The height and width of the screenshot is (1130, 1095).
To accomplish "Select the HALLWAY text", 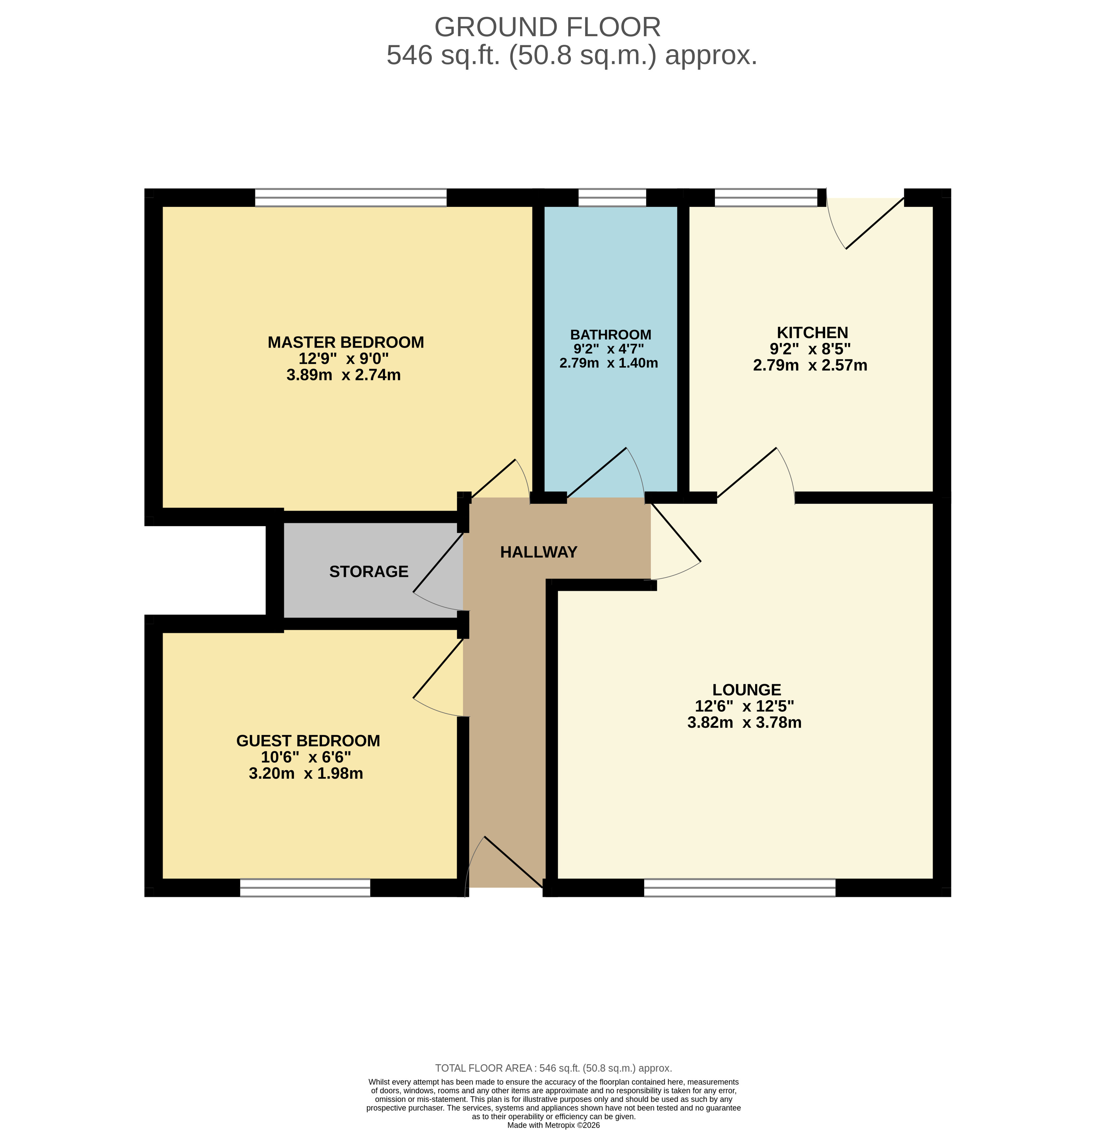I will pos(538,552).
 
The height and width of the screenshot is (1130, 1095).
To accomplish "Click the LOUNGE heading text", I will pos(746,689).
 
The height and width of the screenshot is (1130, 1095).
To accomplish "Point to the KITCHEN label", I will pos(812,333).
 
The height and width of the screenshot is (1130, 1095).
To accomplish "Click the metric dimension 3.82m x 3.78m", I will pos(744,722).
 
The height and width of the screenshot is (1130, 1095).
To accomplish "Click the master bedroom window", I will pos(351,198).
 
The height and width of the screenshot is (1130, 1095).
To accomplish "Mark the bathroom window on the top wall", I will pos(612,198).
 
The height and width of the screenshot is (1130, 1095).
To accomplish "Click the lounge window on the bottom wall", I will pos(740,888).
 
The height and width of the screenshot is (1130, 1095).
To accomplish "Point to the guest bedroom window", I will pos(305,888).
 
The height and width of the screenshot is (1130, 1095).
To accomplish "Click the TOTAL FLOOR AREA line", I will pos(553,1068).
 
